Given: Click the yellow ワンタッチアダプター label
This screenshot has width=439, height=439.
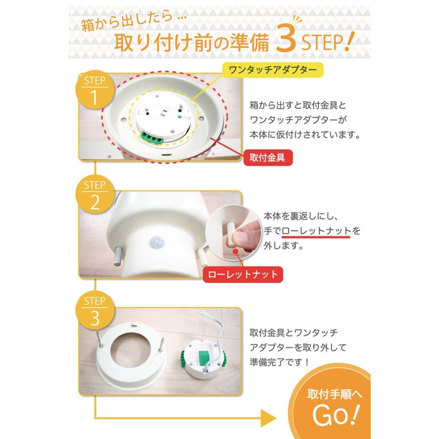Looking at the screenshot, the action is pos(273,70).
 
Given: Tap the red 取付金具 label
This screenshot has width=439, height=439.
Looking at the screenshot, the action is pos(268,158).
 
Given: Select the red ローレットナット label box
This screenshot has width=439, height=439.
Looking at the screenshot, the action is pos(243,275).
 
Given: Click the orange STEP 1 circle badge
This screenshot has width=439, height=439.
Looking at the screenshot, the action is pos(95,89).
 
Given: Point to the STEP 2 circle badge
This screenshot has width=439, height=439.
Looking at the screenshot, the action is pos(95,194).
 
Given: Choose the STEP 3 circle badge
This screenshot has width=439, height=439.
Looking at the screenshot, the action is pos(95,310).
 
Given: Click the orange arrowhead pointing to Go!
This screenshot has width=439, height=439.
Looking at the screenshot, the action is pos(268,418).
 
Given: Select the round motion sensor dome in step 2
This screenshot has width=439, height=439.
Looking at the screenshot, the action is pos(157,242).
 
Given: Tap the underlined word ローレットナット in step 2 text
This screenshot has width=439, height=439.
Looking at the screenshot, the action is pos(316,231).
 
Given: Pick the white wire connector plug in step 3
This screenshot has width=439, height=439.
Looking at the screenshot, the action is pos(204,315).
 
